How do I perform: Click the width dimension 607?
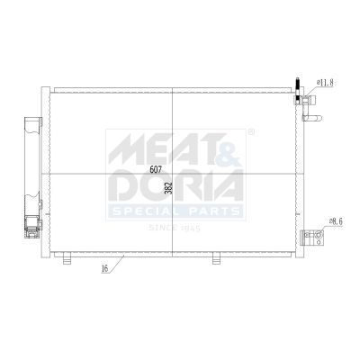[x=156, y=169]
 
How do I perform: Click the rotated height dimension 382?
[x=169, y=188]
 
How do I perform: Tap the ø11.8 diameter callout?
[x=325, y=82]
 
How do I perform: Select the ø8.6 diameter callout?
[x=336, y=221]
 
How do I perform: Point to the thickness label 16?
[x=104, y=268]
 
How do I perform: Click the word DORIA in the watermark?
[x=177, y=185]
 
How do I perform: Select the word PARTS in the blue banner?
[x=215, y=211]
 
